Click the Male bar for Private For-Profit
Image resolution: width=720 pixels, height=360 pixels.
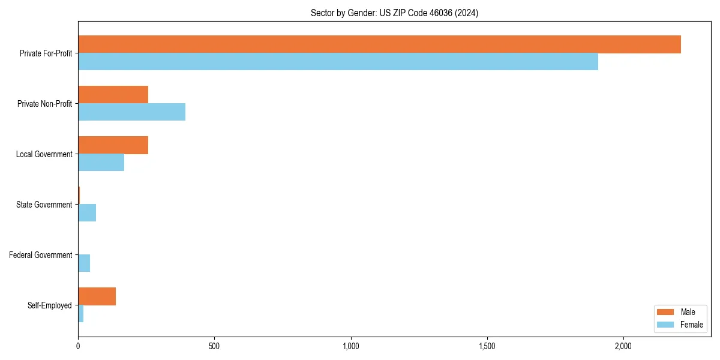pos(379,44)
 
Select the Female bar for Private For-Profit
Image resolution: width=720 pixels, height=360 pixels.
pos(338,62)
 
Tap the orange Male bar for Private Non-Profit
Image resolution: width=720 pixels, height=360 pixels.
pos(113,95)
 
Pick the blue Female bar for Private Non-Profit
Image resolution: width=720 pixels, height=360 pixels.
pos(131,112)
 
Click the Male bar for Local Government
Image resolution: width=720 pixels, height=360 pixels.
pos(113,145)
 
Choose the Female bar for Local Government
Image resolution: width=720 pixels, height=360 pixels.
pos(101,163)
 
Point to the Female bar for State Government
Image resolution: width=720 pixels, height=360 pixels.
pos(87,213)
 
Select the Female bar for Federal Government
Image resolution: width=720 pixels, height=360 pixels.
pos(84,263)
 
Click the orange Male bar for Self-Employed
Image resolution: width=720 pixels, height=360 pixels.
pos(97,296)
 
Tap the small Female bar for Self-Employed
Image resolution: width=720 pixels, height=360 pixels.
pos(81,314)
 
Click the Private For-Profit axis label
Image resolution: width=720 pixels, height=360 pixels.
pos(46,53)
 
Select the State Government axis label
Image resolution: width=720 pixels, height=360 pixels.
pos(44,205)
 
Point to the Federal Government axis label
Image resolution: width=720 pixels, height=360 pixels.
pos(40,255)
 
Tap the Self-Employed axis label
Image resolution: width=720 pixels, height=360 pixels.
pos(49,305)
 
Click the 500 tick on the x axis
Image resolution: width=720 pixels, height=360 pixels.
pos(214,346)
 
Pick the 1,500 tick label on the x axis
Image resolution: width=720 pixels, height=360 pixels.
pos(487,346)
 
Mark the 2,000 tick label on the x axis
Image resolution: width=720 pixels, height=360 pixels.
pos(623,346)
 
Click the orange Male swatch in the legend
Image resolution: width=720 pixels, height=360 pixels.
pos(665,312)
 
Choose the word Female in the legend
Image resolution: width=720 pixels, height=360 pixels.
pos(691,325)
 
